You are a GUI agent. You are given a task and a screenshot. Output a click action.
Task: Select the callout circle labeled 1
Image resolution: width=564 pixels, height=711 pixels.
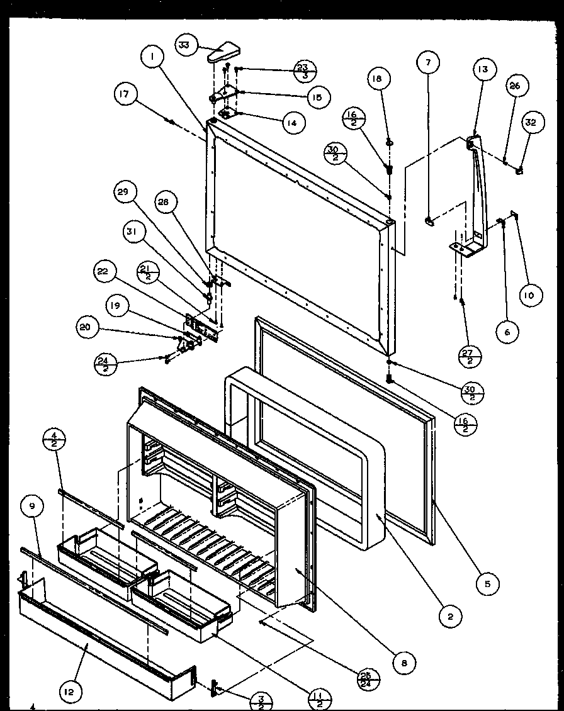click(152, 59)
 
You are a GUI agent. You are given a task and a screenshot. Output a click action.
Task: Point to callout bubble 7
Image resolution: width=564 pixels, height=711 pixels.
click(429, 62)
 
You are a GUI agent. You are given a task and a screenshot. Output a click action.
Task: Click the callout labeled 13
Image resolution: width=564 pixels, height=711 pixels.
click(486, 69)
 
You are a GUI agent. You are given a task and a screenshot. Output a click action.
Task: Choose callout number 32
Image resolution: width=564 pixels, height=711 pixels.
click(531, 123)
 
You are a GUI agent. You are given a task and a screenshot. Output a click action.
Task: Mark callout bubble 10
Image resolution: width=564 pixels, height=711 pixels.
click(531, 294)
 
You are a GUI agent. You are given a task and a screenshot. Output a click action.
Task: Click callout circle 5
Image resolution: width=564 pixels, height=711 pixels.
click(487, 583)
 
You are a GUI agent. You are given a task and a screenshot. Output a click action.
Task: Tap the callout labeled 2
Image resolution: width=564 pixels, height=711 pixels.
click(450, 617)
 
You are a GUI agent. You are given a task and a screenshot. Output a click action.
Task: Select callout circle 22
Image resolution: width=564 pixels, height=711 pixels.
click(103, 272)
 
